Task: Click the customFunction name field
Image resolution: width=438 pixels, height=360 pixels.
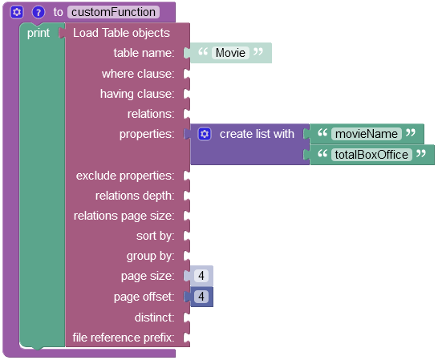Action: (113, 12)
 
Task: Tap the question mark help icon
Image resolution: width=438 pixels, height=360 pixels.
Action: (39, 12)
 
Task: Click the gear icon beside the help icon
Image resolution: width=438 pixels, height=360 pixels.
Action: (17, 12)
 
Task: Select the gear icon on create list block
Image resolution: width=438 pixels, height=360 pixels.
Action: (205, 134)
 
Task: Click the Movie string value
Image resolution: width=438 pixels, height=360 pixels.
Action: (230, 53)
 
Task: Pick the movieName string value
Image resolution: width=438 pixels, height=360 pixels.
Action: (367, 134)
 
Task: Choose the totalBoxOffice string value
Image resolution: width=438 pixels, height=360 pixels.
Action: (371, 155)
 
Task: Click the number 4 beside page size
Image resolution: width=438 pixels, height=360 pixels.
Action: (201, 276)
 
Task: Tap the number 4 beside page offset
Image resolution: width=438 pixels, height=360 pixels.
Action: (201, 297)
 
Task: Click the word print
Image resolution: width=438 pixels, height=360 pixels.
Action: (39, 33)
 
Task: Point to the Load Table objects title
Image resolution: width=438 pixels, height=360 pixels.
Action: (121, 33)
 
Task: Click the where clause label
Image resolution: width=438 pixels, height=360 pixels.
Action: (138, 74)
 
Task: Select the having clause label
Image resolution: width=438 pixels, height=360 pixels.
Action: (137, 94)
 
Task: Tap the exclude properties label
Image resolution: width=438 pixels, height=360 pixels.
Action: (125, 176)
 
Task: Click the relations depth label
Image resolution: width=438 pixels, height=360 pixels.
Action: (135, 196)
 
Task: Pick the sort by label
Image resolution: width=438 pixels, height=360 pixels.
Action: (156, 236)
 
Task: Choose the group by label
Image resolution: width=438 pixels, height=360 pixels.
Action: (150, 256)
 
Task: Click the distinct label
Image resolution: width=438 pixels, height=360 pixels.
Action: (155, 318)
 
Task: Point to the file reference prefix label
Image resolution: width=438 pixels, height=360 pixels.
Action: (124, 338)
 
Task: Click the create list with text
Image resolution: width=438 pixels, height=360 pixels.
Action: (257, 134)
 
